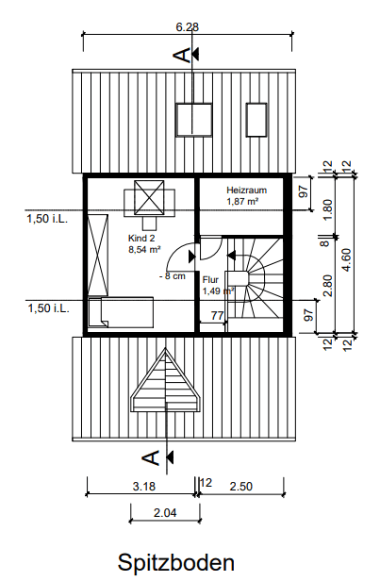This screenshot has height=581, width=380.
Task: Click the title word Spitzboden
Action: tap(175, 562)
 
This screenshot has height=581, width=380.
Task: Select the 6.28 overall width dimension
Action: tap(188, 27)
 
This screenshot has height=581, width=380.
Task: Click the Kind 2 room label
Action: tap(140, 240)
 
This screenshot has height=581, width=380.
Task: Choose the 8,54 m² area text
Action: tap(143, 251)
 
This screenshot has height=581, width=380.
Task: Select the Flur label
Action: tap(210, 280)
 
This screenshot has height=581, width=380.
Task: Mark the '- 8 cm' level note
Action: tap(173, 276)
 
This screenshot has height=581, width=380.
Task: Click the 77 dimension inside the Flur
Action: tap(217, 316)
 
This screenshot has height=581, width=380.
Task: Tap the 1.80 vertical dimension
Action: tap(327, 208)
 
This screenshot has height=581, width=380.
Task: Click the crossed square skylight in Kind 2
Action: tap(148, 198)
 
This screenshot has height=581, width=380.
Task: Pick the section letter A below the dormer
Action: tap(150, 458)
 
